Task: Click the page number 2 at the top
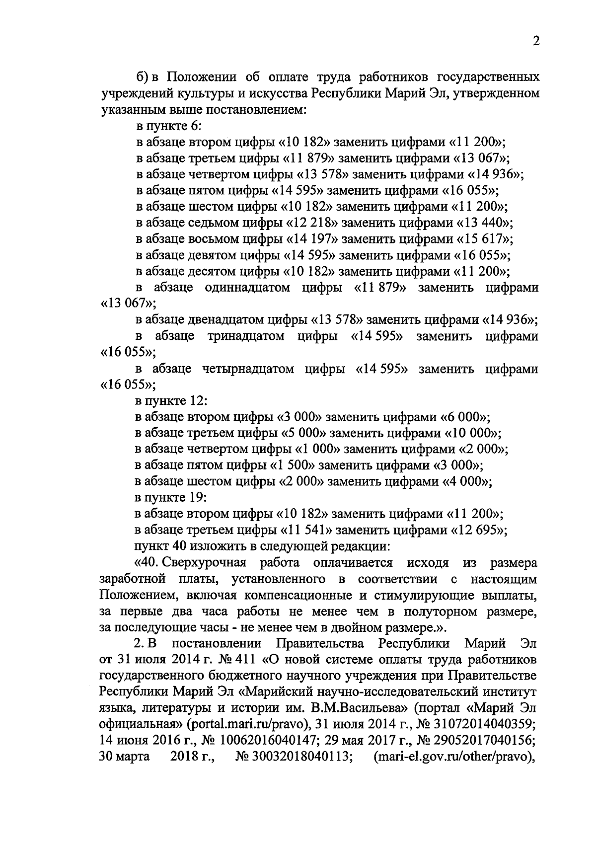point(535,41)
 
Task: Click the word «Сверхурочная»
point(204,563)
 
